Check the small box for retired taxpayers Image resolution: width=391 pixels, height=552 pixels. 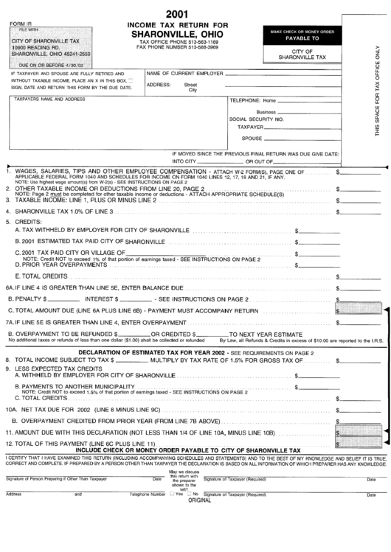[x=131, y=80]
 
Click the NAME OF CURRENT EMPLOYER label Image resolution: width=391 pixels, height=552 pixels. [x=185, y=74]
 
